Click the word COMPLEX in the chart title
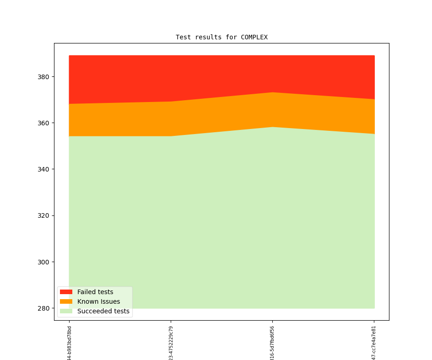pyautogui.click(x=254, y=38)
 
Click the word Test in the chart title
pyautogui.click(x=183, y=38)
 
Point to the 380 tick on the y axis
pyautogui.click(x=44, y=77)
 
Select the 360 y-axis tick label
pyautogui.click(x=44, y=123)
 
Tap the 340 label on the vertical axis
pyautogui.click(x=44, y=169)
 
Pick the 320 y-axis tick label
pyautogui.click(x=44, y=215)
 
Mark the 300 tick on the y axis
pyautogui.click(x=44, y=262)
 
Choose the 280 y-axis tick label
pyautogui.click(x=44, y=308)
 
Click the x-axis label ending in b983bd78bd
pyautogui.click(x=70, y=343)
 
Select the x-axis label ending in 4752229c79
pyautogui.click(x=171, y=343)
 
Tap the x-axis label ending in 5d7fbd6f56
pyautogui.click(x=273, y=343)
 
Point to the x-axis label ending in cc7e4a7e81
pyautogui.click(x=374, y=343)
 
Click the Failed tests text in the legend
pyautogui.click(x=95, y=292)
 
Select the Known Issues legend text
pyautogui.click(x=98, y=302)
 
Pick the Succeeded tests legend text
pyautogui.click(x=103, y=312)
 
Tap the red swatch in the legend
pyautogui.click(x=66, y=292)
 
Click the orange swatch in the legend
pyautogui.click(x=66, y=302)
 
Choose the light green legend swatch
pyautogui.click(x=66, y=312)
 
